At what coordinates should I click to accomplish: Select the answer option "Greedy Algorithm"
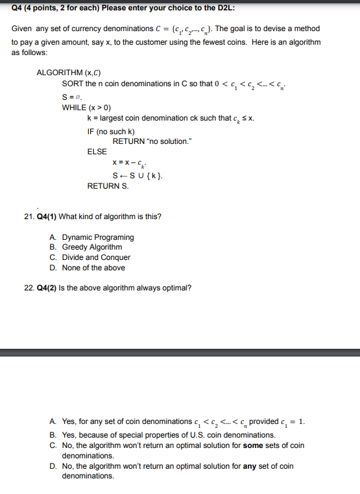coord(91,247)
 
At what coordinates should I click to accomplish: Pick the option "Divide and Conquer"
coord(96,257)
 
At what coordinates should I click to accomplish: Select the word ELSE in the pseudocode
coord(97,152)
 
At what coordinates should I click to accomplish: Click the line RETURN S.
coord(108,186)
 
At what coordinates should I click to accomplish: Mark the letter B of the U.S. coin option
coord(52,435)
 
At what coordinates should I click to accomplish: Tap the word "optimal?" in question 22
coord(176,288)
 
